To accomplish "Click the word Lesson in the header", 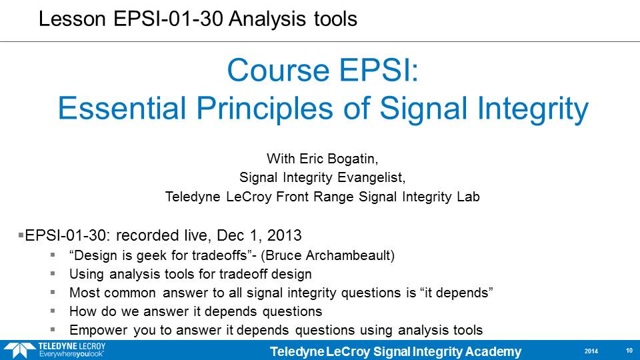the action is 72,19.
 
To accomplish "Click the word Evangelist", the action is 371,177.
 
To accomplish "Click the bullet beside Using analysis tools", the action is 53,273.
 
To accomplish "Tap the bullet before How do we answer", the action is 53,311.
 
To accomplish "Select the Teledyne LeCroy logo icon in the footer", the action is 19,350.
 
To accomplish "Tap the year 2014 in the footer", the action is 591,351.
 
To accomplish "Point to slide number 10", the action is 629,351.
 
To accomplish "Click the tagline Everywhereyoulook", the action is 71,354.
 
